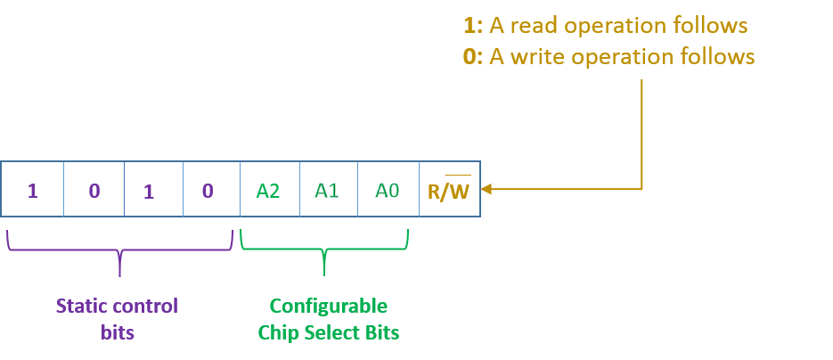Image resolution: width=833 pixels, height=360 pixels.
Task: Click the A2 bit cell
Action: tap(270, 190)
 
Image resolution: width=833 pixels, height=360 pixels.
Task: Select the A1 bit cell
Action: tap(327, 190)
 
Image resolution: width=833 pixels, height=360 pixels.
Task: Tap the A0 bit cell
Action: tap(387, 190)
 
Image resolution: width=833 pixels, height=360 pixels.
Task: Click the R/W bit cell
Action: tap(449, 191)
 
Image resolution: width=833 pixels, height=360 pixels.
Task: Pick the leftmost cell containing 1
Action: tap(33, 190)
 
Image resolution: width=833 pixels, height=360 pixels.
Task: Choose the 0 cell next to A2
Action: tap(208, 190)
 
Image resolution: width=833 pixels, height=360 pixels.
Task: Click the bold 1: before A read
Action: tap(472, 25)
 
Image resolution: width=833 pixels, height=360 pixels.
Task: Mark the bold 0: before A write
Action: tap(472, 57)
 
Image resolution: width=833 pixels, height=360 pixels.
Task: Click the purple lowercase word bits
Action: tap(118, 333)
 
